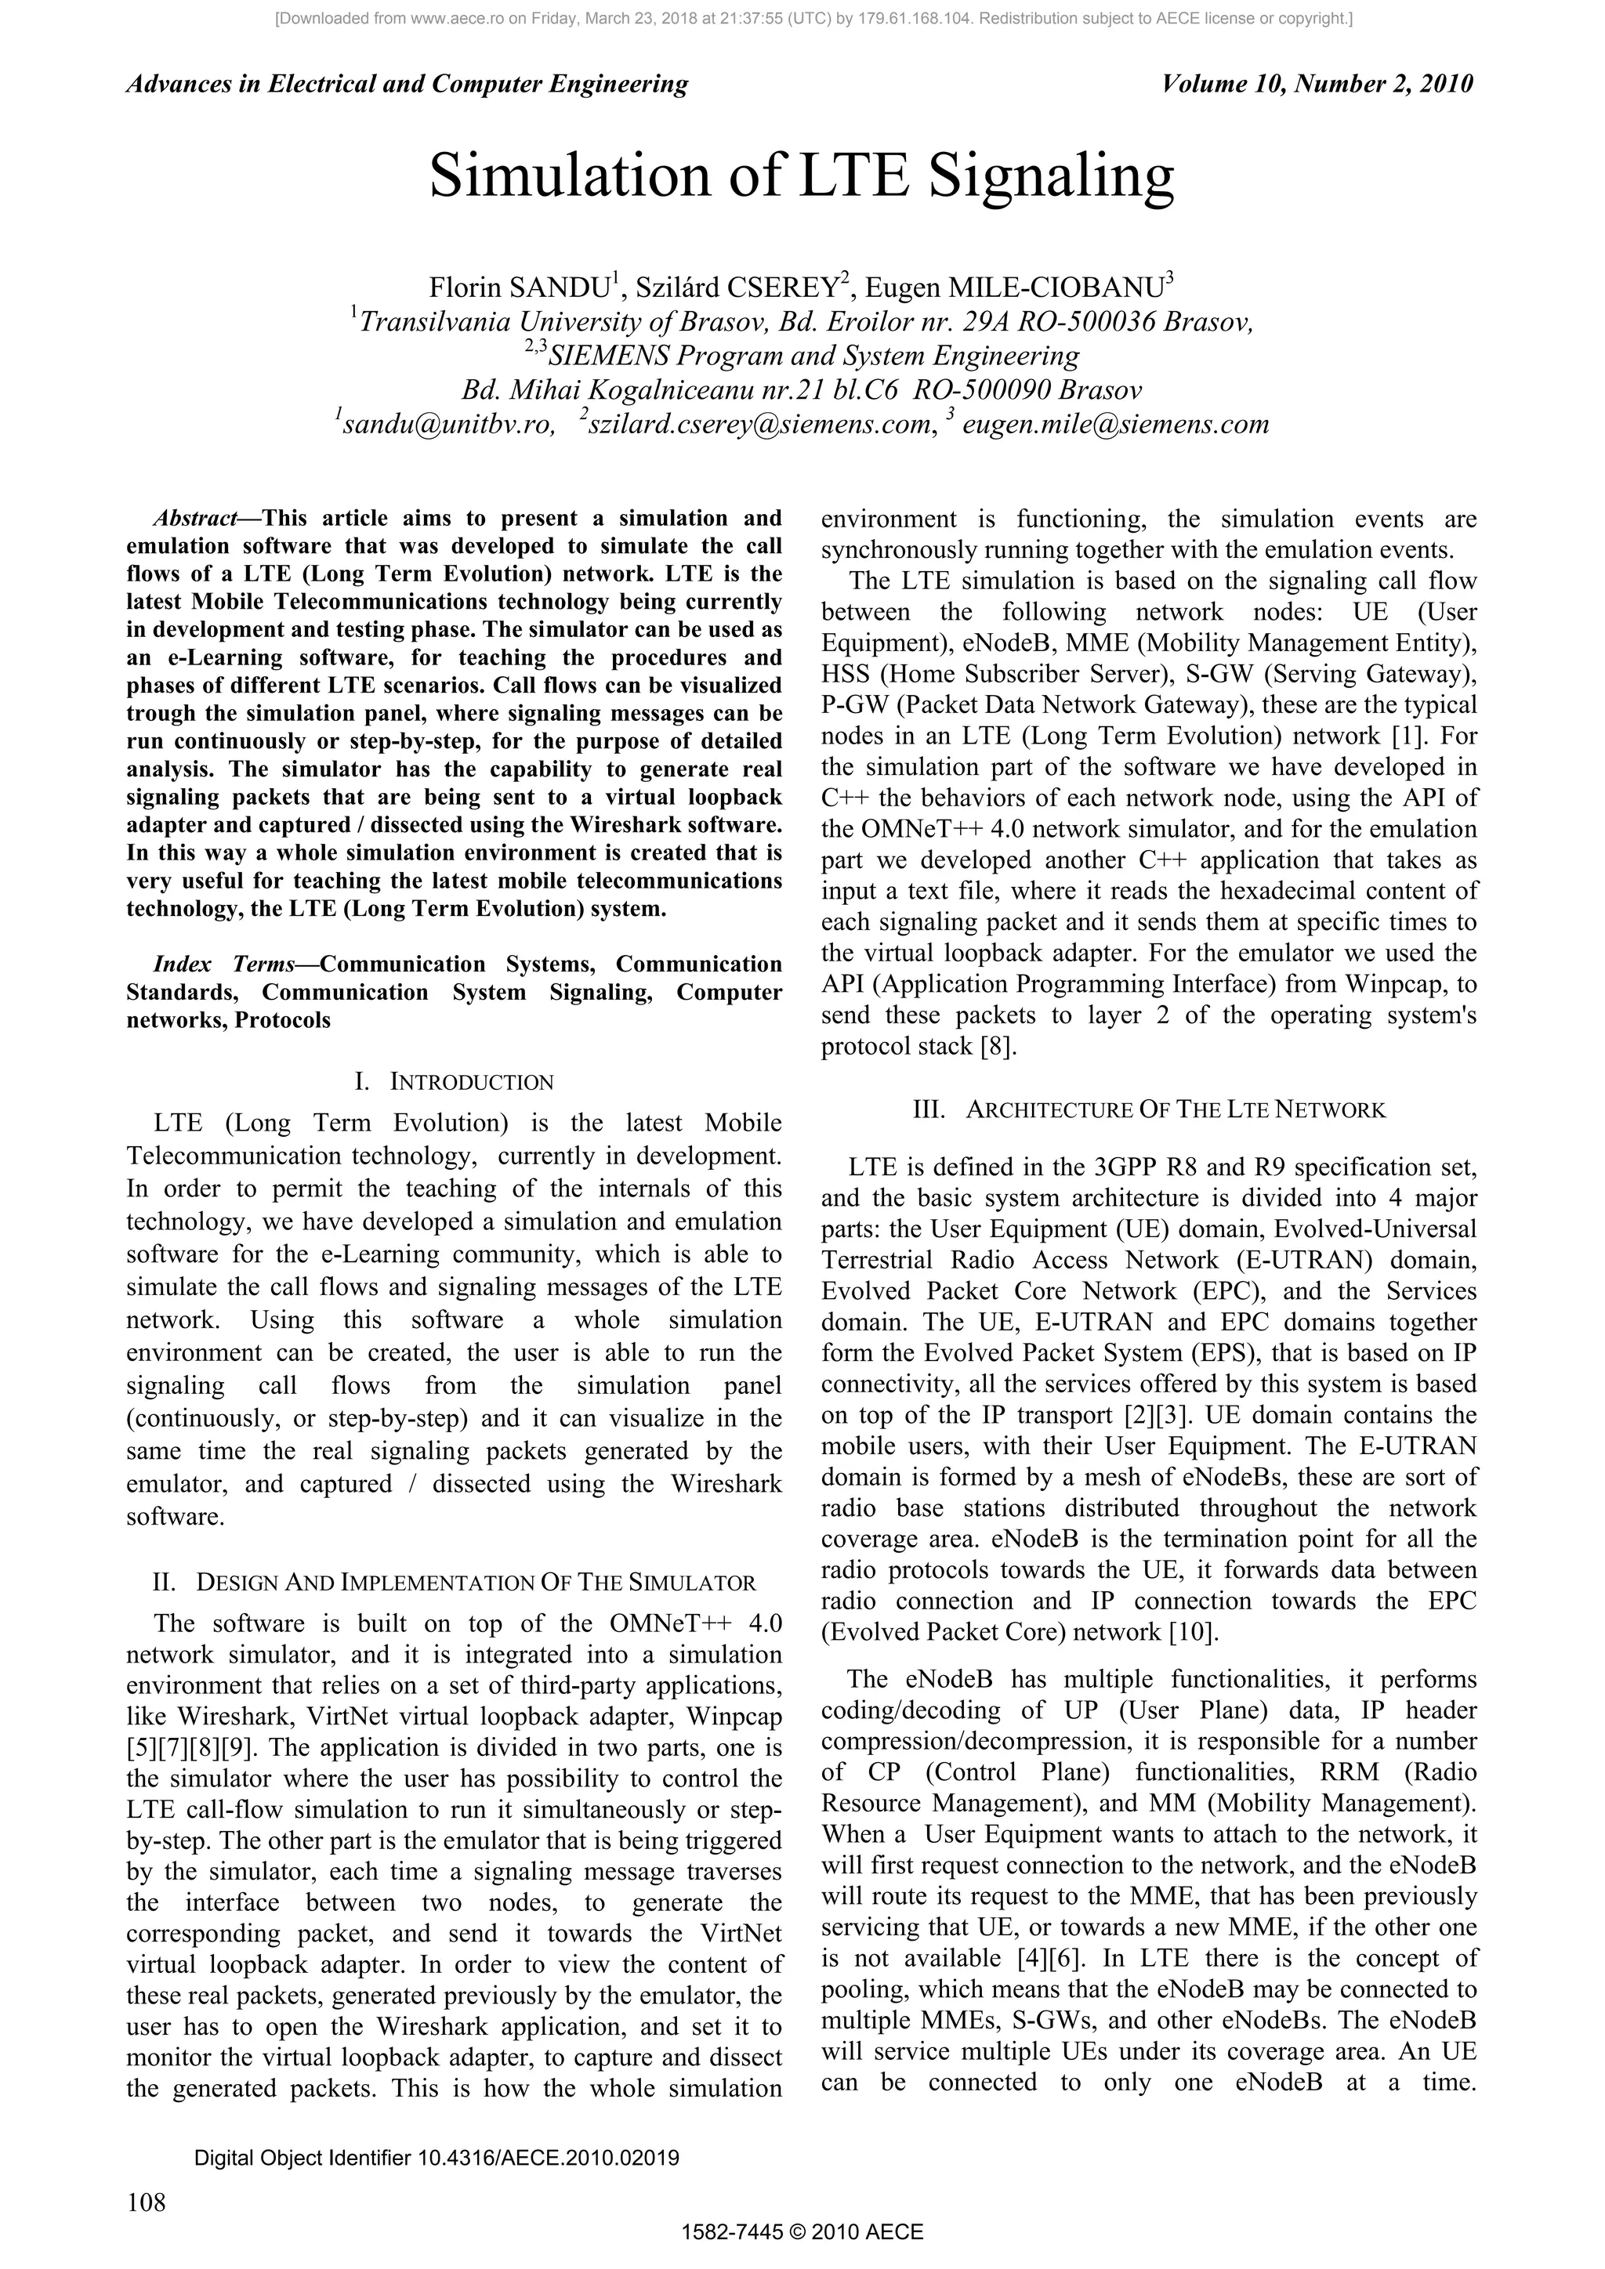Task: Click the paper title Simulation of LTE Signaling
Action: point(802,177)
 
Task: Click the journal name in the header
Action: point(408,84)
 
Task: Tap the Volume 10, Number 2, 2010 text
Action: point(1317,84)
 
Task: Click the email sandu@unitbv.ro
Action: point(444,425)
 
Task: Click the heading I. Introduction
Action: point(454,1081)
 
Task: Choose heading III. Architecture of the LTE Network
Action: point(1148,1109)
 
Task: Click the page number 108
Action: point(147,2201)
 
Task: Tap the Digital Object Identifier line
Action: point(436,2157)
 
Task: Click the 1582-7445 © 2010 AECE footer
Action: point(802,2231)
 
